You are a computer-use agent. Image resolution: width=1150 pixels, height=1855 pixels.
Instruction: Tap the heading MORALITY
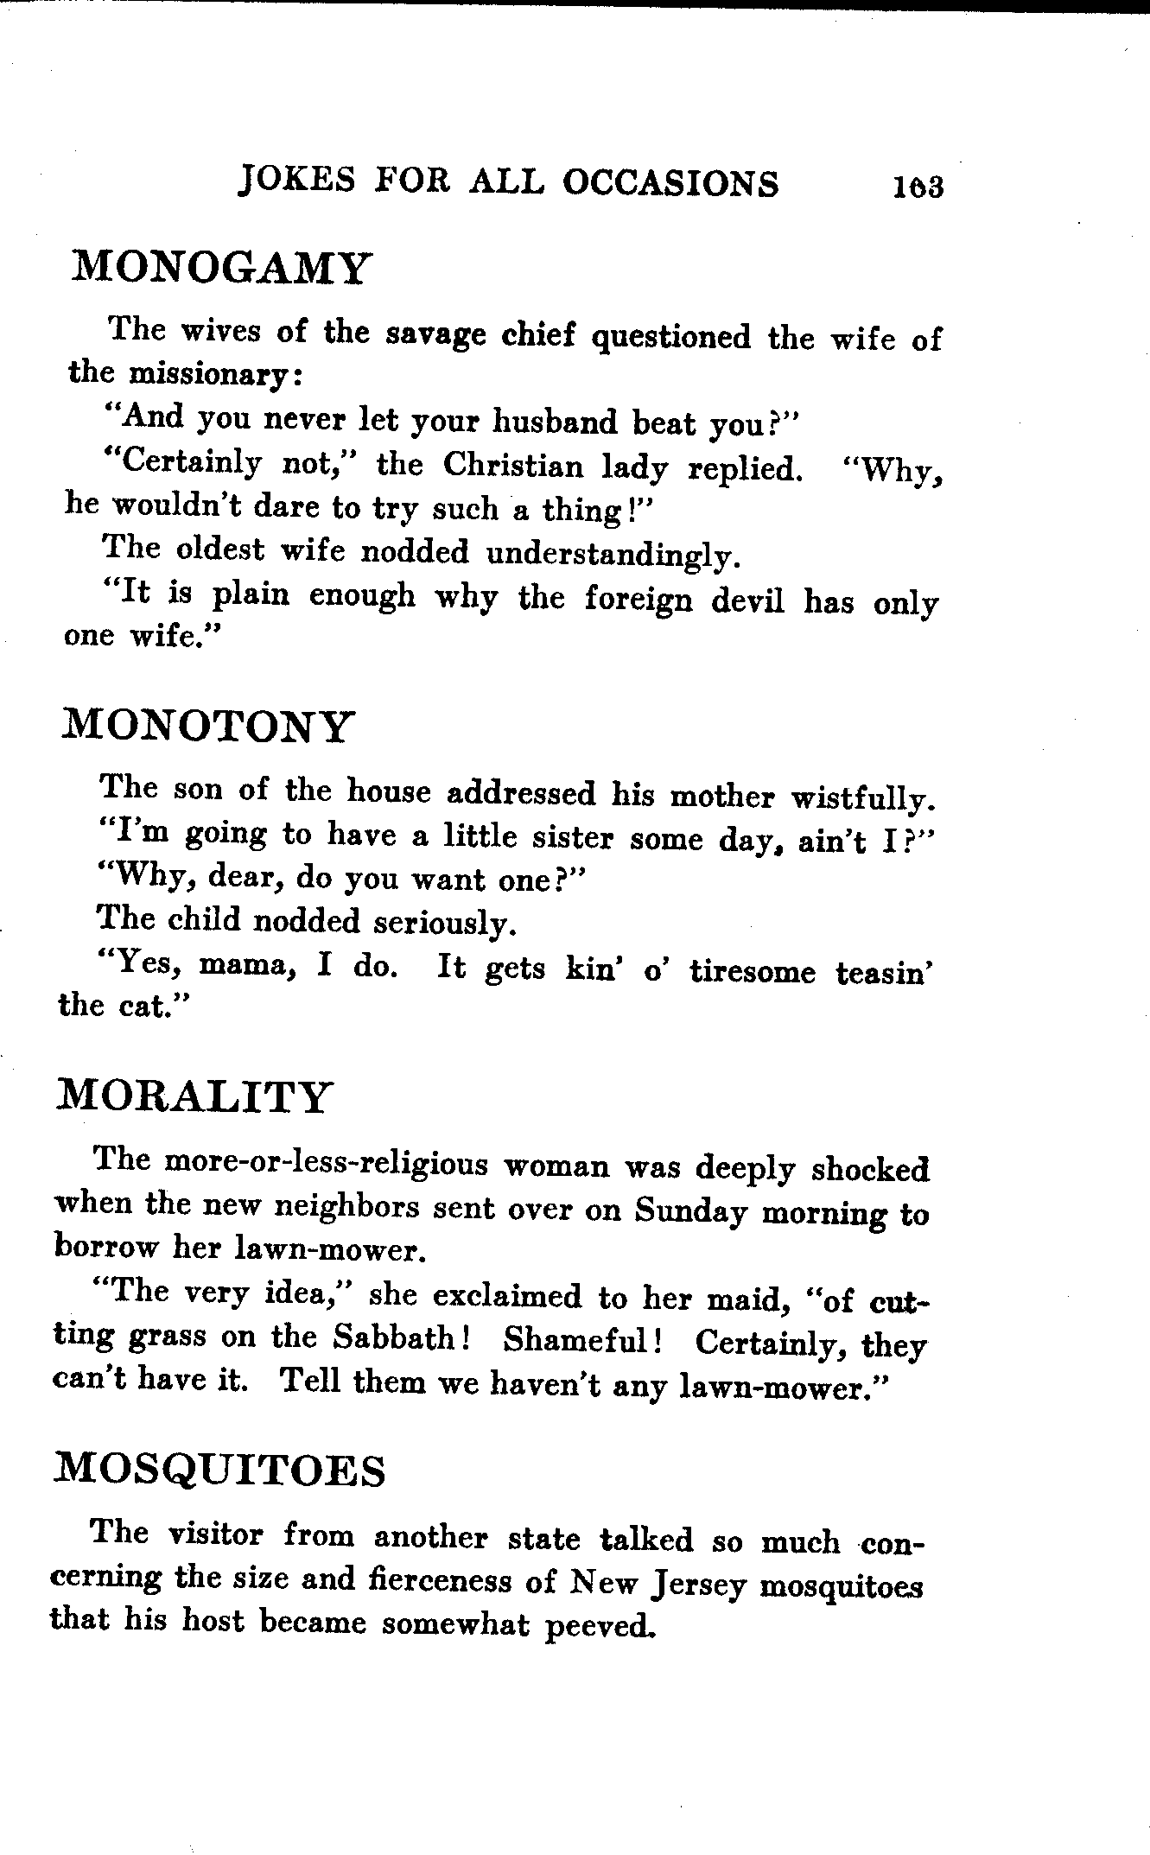point(193,1097)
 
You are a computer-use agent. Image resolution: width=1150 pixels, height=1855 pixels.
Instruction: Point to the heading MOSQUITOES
point(219,1470)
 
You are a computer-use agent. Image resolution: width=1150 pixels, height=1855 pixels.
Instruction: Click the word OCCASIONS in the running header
point(670,183)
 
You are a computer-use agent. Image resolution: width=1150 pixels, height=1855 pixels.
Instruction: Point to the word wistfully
point(863,798)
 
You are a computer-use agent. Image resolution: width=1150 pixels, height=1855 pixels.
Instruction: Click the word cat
point(144,1007)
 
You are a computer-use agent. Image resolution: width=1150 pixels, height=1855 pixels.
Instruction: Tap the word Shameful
point(581,1340)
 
